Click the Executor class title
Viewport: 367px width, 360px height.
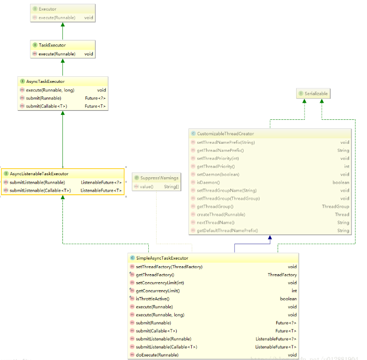click(47, 9)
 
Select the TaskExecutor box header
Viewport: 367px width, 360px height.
click(52, 45)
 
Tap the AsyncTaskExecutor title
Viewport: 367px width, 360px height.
click(45, 81)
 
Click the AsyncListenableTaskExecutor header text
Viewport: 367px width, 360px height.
click(39, 174)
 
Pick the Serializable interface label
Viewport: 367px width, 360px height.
click(317, 93)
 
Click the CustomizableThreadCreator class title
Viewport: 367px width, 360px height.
click(225, 134)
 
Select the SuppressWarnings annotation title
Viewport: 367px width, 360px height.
click(159, 178)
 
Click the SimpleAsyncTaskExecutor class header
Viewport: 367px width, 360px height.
click(162, 258)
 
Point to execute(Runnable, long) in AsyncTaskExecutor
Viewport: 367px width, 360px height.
click(50, 90)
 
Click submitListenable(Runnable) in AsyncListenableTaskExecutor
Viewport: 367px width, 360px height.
click(37, 182)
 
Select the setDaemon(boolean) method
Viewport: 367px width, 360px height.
click(218, 174)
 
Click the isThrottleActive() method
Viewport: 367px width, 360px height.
click(153, 299)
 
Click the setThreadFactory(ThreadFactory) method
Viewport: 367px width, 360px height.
click(169, 267)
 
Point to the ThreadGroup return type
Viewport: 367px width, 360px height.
click(335, 206)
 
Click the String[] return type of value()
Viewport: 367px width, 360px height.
click(171, 186)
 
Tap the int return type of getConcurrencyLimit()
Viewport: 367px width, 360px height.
click(294, 291)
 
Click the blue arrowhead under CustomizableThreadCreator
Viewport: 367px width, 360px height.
click(270, 238)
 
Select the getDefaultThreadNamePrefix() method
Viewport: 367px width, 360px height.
click(227, 230)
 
